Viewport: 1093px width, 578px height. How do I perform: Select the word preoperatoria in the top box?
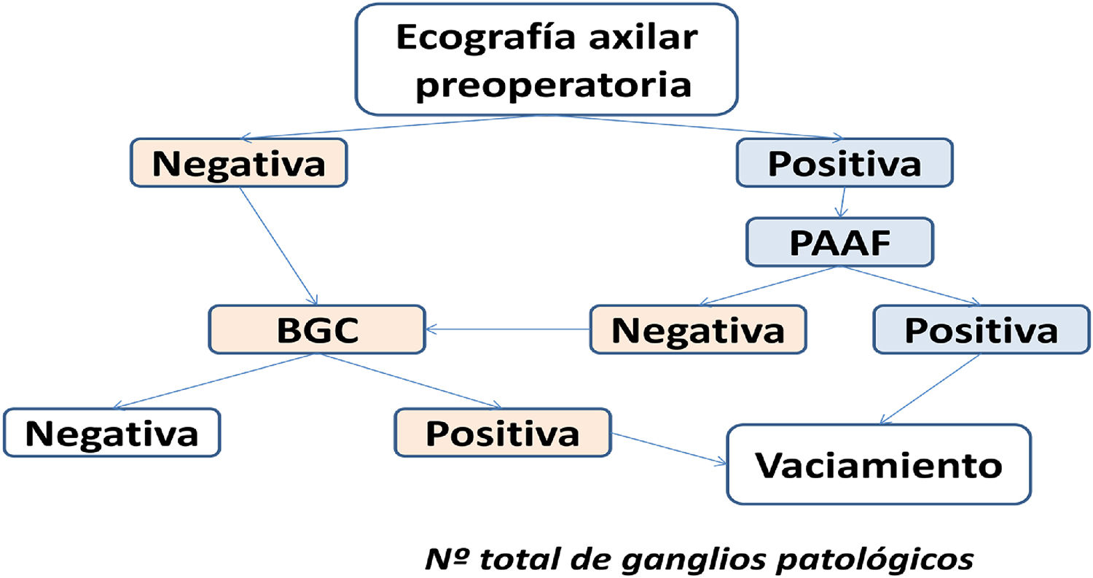556,85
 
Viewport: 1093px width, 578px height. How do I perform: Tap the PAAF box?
839,241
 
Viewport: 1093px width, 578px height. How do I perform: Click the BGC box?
316,329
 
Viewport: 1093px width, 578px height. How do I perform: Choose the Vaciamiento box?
878,464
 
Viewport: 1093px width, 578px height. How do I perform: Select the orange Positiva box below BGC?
502,433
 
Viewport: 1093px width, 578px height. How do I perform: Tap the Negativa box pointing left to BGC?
697,329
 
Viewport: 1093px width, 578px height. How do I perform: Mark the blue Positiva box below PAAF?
980,329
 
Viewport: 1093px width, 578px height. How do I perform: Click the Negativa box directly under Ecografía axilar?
238,163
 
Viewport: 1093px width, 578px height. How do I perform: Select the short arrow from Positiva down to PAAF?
843,202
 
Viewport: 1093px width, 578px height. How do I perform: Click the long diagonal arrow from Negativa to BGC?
278,246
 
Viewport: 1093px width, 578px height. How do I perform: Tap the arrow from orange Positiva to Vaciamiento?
669,448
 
